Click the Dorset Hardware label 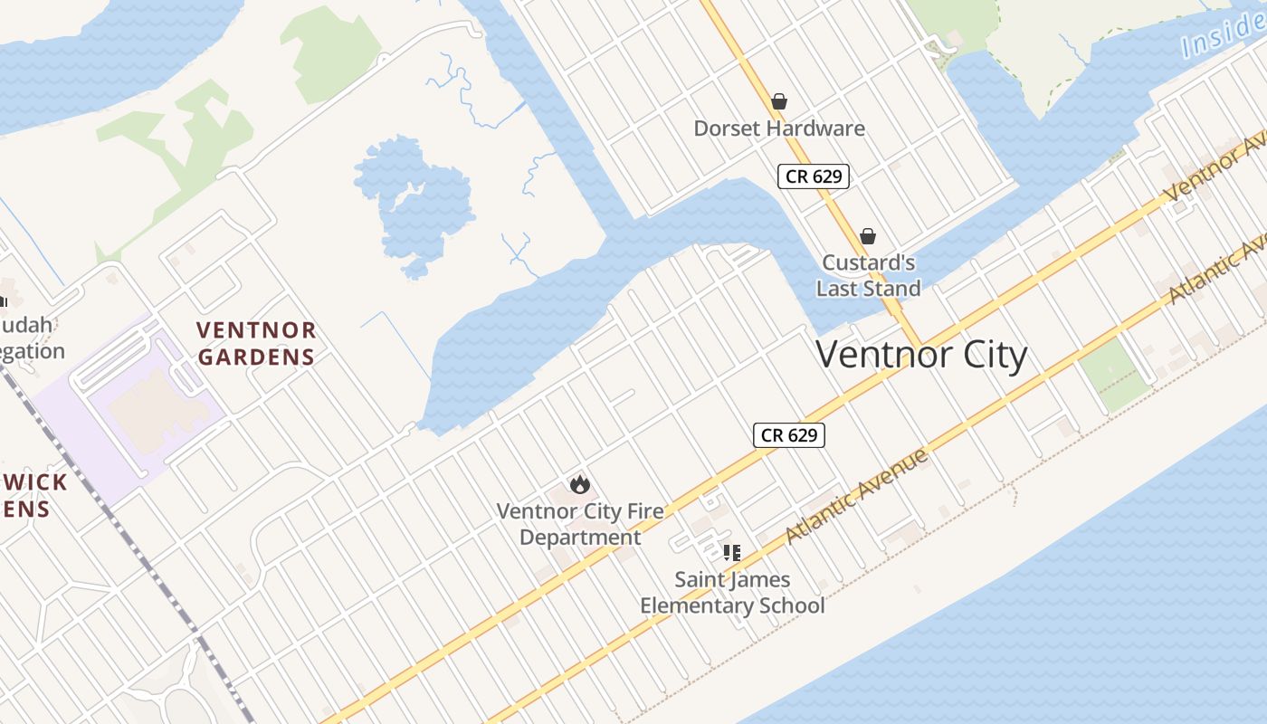pos(778,129)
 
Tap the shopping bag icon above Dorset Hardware pos(778,101)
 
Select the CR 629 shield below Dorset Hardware pos(814,176)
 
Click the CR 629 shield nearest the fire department pos(789,435)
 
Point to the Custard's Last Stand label pos(868,275)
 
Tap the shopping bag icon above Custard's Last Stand pos(868,236)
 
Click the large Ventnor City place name pos(921,354)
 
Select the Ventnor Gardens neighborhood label pos(256,343)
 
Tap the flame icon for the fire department pos(580,485)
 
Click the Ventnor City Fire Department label pos(580,524)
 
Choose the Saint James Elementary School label pos(732,593)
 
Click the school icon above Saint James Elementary pos(732,552)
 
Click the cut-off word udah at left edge pos(27,324)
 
